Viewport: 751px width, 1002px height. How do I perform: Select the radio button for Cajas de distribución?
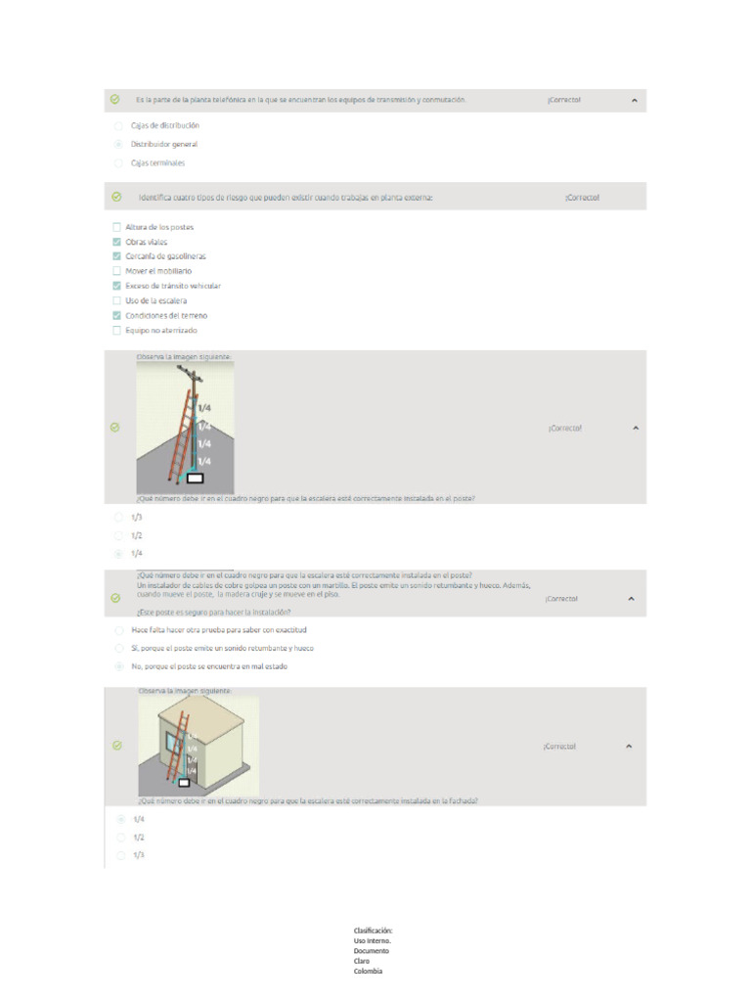tap(118, 126)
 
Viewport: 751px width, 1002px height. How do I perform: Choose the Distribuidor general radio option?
tap(118, 145)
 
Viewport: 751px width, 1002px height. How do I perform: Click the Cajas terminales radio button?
tap(118, 163)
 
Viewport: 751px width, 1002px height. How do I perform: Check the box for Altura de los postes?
tap(117, 227)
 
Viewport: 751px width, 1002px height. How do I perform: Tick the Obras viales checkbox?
tap(117, 242)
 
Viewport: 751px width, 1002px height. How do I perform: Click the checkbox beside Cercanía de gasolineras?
tap(117, 256)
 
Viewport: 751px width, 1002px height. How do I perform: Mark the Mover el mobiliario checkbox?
tap(117, 271)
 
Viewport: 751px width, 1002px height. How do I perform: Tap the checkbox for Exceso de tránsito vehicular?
tap(117, 286)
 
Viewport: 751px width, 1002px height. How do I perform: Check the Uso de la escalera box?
tap(117, 300)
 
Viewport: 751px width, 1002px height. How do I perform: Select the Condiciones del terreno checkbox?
tap(117, 316)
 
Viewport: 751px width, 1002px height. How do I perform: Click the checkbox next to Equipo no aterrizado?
tap(117, 331)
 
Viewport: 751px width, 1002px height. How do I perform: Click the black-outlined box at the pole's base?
tap(195, 478)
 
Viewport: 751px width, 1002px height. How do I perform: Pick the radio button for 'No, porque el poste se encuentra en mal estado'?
tap(118, 666)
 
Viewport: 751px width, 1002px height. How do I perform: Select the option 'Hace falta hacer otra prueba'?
tap(118, 630)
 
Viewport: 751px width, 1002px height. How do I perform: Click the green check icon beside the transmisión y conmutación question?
tap(115, 100)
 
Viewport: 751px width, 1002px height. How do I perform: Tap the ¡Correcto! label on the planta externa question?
tap(582, 198)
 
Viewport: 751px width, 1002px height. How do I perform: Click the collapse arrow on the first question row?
tap(634, 100)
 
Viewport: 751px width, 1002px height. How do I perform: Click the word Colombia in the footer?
tap(368, 971)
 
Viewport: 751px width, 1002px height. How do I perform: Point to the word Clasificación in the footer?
tap(373, 931)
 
